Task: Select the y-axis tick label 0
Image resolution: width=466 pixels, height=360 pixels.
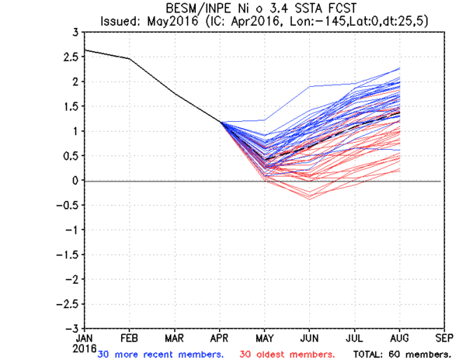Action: click(x=74, y=181)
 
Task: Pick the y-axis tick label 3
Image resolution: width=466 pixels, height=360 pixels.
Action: click(x=74, y=33)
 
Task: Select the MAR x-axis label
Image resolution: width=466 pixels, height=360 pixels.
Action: click(x=174, y=338)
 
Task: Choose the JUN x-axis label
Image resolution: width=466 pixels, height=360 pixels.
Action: click(x=309, y=338)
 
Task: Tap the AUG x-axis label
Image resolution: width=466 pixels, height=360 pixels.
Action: click(x=399, y=338)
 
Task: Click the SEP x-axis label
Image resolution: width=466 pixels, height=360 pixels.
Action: click(x=444, y=338)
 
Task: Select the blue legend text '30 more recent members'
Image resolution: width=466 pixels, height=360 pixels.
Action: click(x=161, y=353)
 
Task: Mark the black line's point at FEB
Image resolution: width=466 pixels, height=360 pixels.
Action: click(x=129, y=59)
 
